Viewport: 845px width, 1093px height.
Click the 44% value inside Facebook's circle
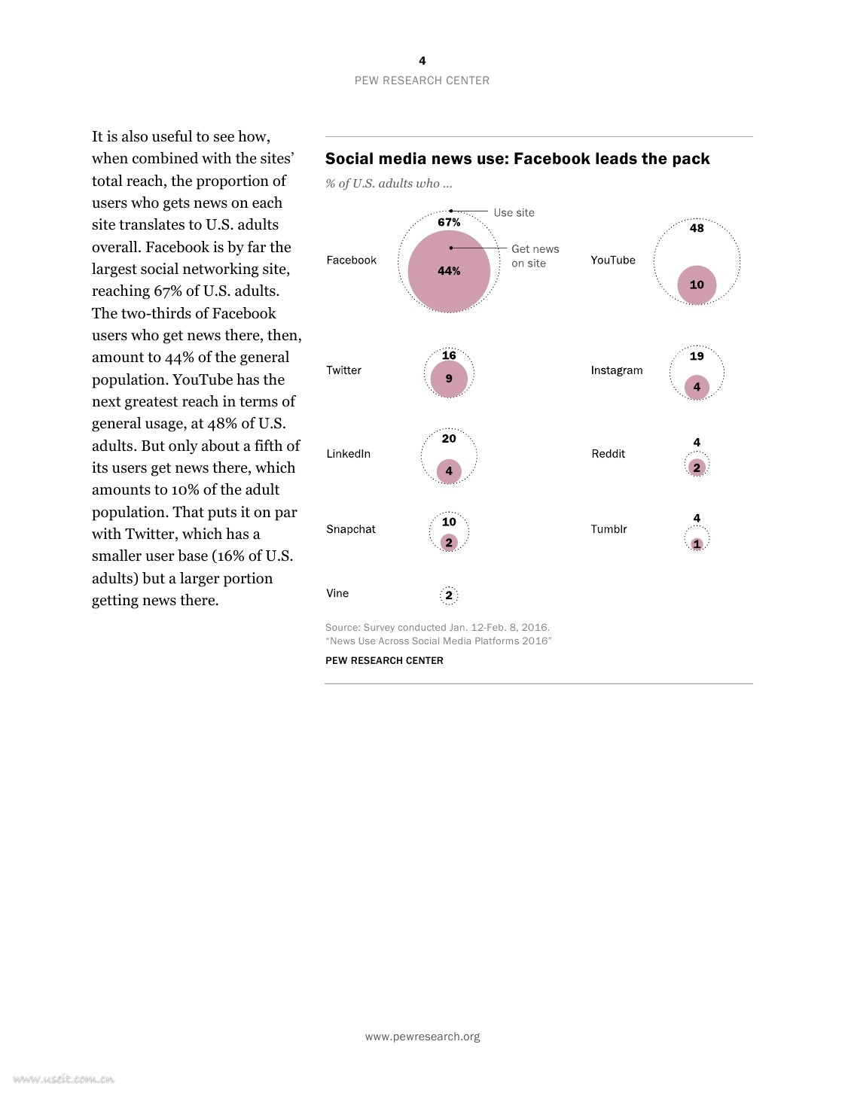(x=449, y=271)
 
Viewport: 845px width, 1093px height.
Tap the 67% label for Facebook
(x=449, y=222)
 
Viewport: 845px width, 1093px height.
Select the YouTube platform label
(x=613, y=260)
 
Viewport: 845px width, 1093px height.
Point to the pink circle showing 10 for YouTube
(x=697, y=285)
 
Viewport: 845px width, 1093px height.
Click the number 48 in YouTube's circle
(x=697, y=228)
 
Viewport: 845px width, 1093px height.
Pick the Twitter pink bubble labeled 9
(x=449, y=379)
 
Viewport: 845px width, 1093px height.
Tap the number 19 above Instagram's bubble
(x=697, y=356)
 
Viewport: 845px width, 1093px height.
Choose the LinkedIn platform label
(x=348, y=454)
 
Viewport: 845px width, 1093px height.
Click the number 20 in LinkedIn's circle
(x=449, y=439)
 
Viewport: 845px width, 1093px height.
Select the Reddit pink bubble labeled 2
(x=697, y=467)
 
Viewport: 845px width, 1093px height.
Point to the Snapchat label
(x=351, y=529)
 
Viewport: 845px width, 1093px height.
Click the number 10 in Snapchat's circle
(x=449, y=522)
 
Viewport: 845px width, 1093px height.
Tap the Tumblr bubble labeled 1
(x=697, y=543)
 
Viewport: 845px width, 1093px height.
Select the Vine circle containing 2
(x=449, y=595)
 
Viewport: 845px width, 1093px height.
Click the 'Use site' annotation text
(x=514, y=213)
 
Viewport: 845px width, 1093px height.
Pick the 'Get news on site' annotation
(x=535, y=256)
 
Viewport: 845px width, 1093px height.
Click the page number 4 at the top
(x=422, y=61)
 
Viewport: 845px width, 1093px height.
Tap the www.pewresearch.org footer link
(x=422, y=1037)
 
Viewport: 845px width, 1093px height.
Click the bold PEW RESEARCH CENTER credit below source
(x=384, y=660)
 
